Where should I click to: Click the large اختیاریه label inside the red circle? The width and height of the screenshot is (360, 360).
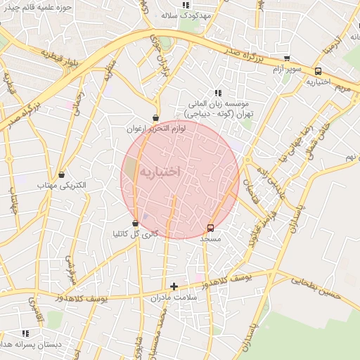[160, 172]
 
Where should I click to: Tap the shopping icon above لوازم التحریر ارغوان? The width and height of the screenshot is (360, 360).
[155, 118]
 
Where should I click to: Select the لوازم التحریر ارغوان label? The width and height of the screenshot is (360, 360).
[155, 129]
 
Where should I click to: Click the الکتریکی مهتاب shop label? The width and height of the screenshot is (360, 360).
[62, 185]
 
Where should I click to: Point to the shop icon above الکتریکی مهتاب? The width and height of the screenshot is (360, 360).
[62, 174]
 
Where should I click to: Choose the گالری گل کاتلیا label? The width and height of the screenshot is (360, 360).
[135, 233]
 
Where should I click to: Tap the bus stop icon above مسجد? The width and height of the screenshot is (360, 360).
[210, 228]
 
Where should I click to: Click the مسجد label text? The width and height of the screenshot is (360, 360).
[210, 239]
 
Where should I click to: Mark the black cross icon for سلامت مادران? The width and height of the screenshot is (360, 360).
[174, 286]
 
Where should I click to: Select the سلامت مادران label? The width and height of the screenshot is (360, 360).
[173, 298]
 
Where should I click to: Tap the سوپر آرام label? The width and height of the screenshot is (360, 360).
[286, 70]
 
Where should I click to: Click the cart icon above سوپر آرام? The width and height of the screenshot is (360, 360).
[286, 59]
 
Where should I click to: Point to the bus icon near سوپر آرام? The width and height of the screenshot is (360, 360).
[319, 70]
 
